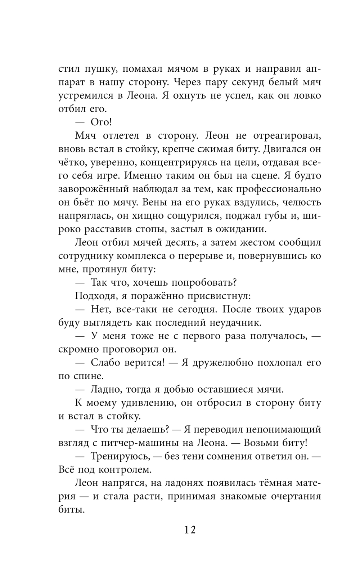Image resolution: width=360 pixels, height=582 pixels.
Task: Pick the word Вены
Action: (x=156, y=202)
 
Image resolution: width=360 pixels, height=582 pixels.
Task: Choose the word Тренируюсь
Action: (x=120, y=456)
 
